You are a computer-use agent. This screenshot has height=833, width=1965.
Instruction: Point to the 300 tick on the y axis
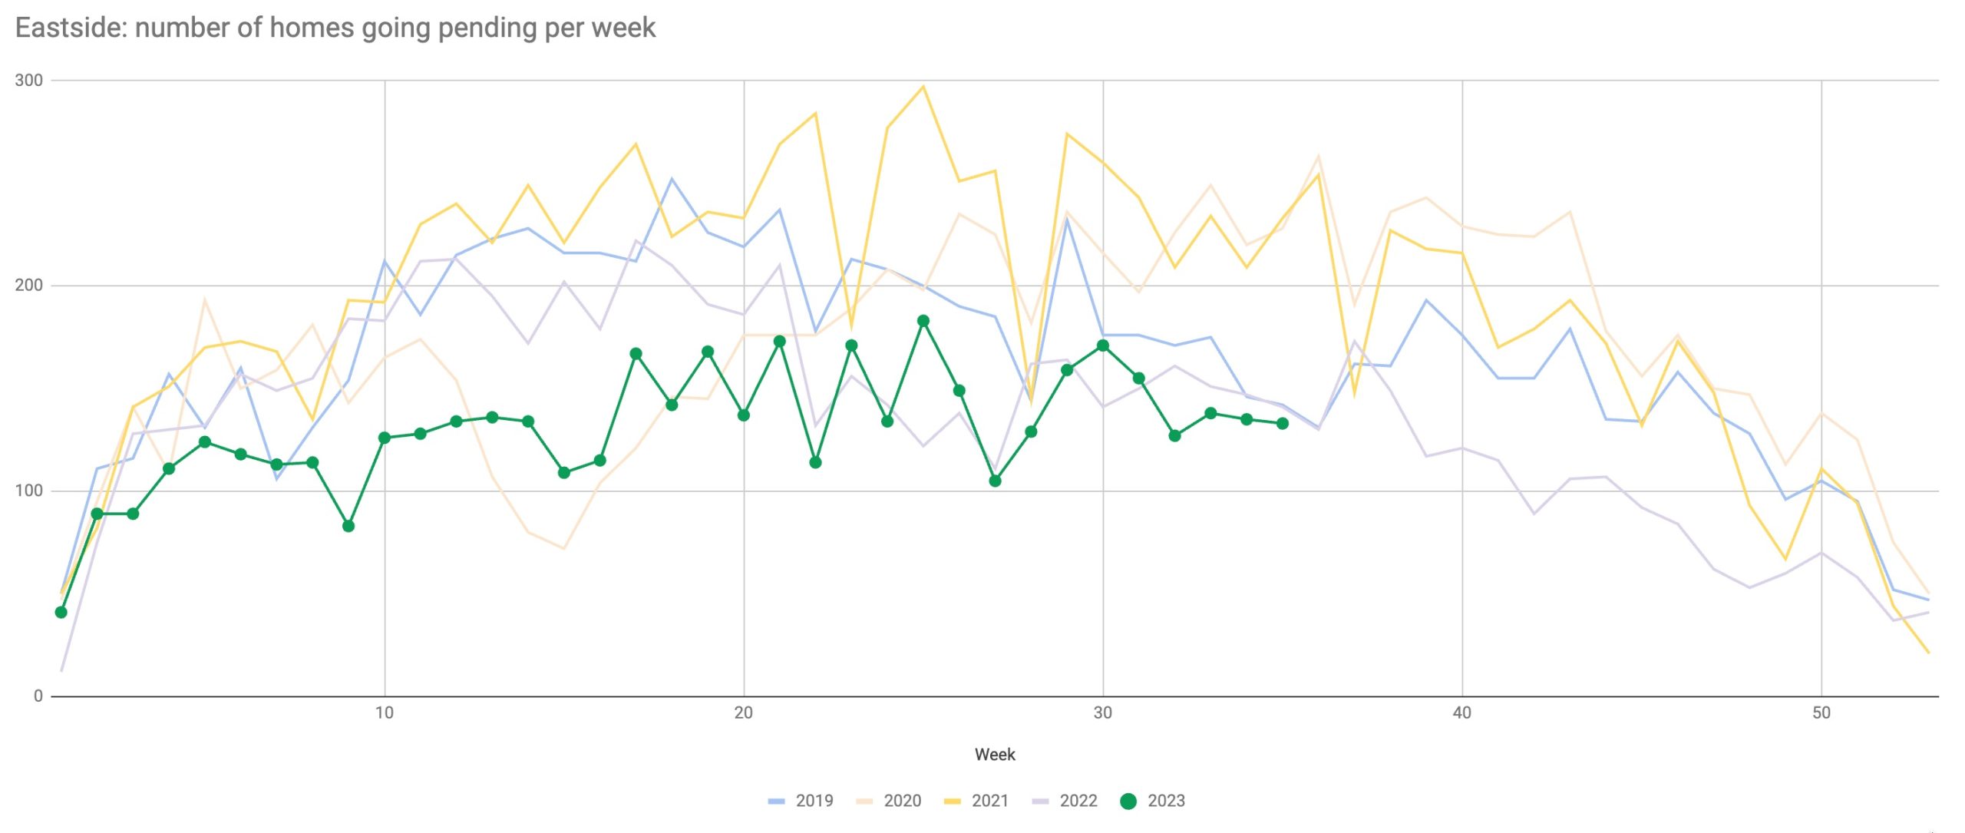[x=28, y=81]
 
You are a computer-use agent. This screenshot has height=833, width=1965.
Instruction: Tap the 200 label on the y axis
[x=28, y=286]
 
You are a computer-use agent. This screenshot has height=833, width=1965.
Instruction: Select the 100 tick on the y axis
[x=28, y=491]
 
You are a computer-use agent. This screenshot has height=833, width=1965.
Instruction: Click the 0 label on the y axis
[x=38, y=696]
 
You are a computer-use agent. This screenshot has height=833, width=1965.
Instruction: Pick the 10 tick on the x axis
[x=384, y=712]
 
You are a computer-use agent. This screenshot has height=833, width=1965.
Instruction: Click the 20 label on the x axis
[x=743, y=712]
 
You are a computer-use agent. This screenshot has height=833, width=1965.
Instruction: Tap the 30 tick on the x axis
[x=1102, y=712]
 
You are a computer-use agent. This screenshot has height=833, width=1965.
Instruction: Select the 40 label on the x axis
[x=1461, y=712]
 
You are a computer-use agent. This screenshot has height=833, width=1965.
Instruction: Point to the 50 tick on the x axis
[x=1821, y=712]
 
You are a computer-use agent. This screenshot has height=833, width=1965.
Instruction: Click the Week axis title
[x=995, y=755]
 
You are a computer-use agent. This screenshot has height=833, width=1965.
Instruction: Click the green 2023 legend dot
[x=1128, y=801]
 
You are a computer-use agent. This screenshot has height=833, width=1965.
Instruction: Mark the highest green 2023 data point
[x=923, y=321]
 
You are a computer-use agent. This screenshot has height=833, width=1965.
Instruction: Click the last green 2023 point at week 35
[x=1282, y=423]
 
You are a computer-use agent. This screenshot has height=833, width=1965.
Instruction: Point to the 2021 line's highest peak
[x=923, y=87]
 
